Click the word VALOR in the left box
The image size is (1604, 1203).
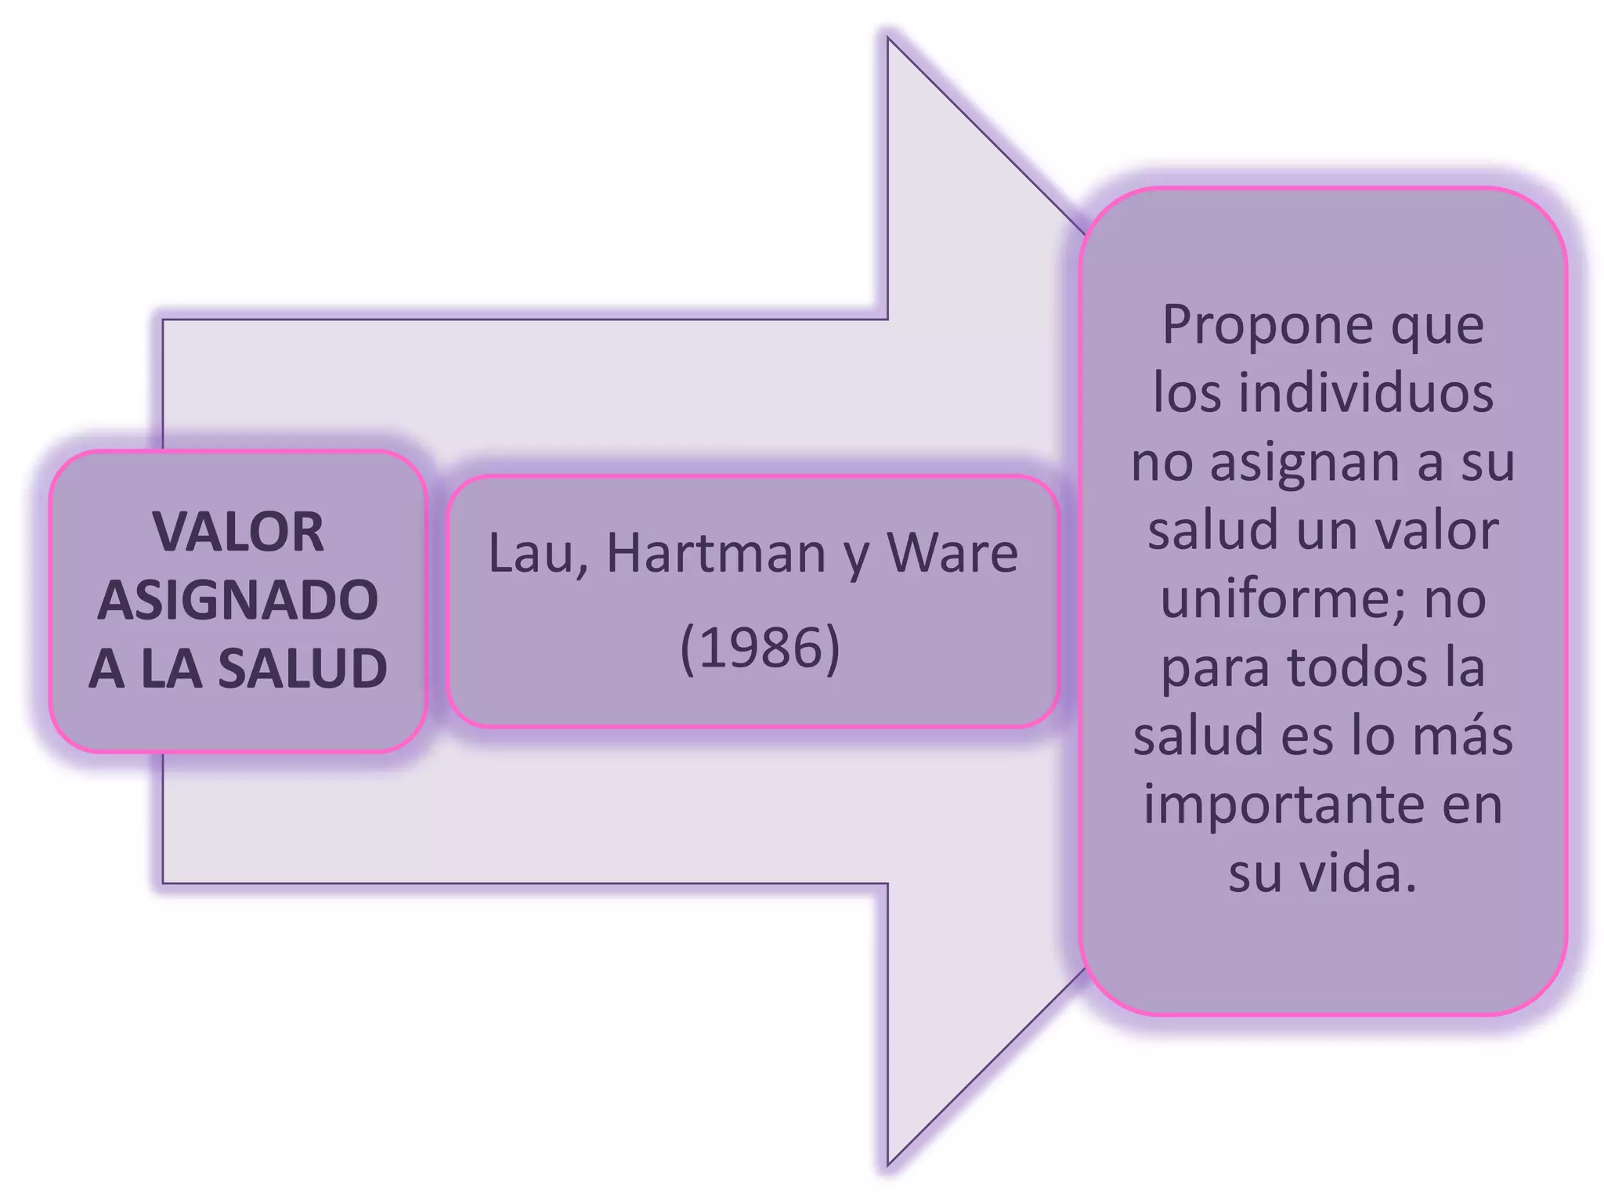(x=238, y=532)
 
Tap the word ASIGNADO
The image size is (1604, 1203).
(x=238, y=601)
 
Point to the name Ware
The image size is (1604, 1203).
(x=952, y=553)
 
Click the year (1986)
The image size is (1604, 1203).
(x=760, y=648)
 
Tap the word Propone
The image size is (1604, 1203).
(x=1267, y=326)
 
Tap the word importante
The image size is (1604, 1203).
(x=1280, y=805)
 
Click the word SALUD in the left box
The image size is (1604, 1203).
(x=302, y=669)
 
